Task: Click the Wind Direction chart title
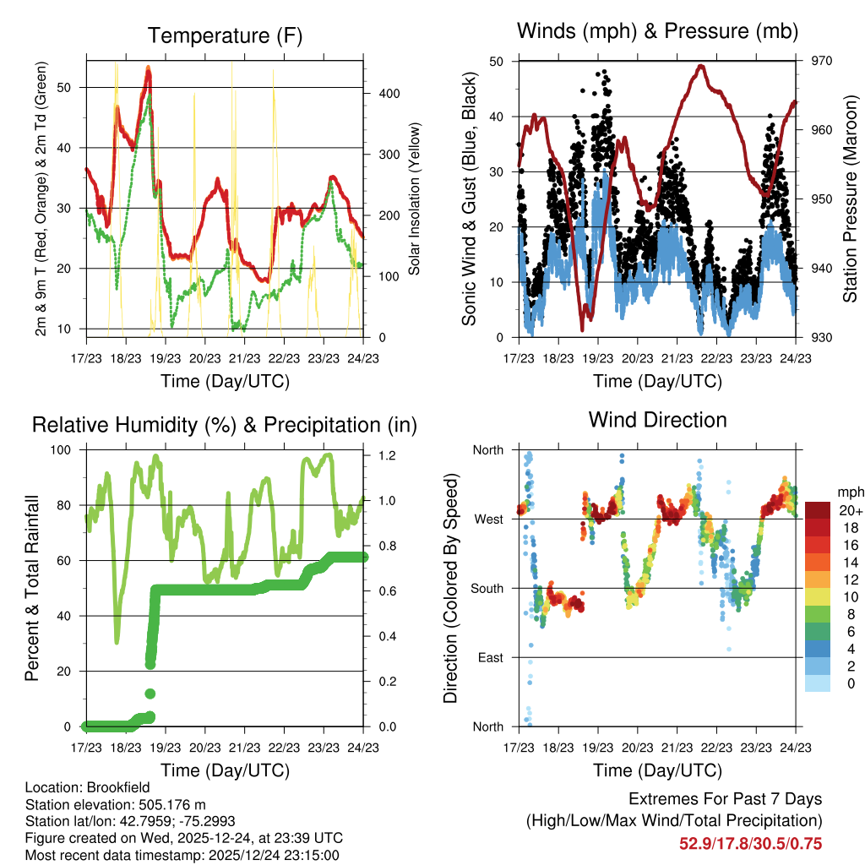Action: tap(657, 420)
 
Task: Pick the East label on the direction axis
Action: tap(487, 657)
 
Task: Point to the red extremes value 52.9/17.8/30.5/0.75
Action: tap(750, 843)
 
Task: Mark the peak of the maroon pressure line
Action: tap(701, 66)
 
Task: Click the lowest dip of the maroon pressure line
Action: tap(582, 329)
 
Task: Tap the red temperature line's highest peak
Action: tap(148, 68)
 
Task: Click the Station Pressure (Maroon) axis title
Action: tap(850, 199)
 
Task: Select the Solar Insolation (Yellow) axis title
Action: tap(415, 199)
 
